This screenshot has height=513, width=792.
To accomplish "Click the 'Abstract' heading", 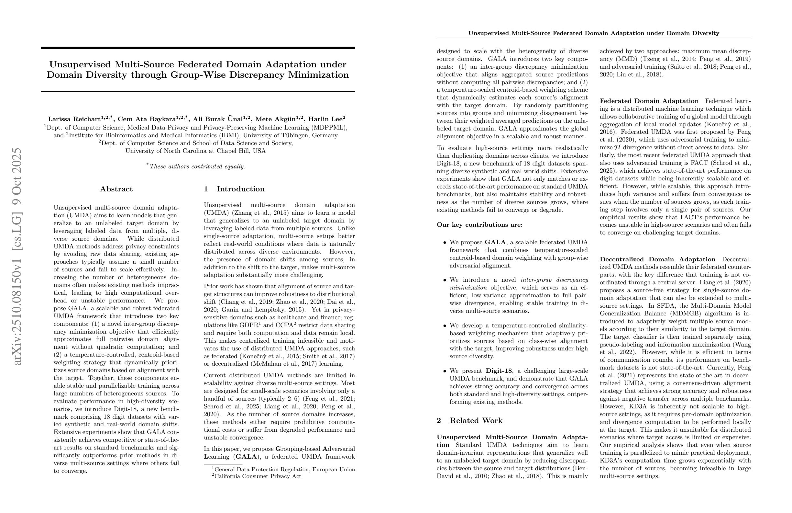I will coord(116,189).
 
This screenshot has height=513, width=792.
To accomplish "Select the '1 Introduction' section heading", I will coord(234,189).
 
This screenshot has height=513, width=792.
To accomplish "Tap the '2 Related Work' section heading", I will coord(469,420).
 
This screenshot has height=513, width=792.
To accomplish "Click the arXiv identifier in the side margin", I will coord(17,256).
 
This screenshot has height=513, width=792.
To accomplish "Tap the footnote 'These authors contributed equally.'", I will coord(197,166).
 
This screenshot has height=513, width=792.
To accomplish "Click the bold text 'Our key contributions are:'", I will coord(479,225).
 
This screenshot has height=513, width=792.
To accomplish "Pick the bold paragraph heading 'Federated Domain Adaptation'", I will coord(649,101).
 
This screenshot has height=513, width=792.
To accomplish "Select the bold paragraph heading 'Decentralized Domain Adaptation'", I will coord(657,259).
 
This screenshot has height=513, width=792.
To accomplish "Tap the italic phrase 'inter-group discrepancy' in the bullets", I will coord(554,280).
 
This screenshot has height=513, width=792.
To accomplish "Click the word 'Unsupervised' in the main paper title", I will coord(80,64).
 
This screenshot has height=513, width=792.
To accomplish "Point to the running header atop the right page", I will coord(594,33).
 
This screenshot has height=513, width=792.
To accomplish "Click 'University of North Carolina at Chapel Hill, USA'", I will coord(196,151).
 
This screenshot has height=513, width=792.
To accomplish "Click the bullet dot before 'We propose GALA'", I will coord(444,243).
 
